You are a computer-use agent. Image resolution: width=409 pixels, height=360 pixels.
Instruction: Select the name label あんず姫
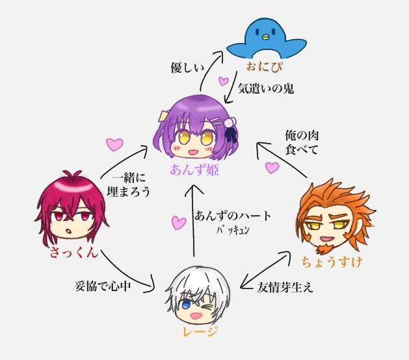coord(194,171)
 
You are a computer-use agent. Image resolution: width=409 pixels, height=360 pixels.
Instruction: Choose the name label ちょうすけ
coord(331,263)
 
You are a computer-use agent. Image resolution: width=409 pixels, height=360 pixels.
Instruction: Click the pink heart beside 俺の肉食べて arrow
coord(272,168)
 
